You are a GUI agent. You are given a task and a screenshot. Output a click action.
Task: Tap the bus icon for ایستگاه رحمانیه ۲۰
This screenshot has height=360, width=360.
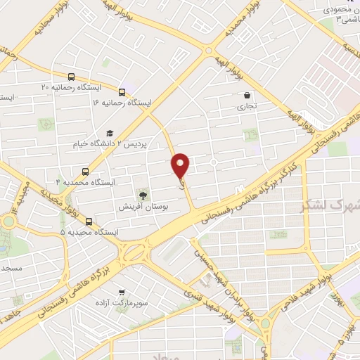(x=70, y=77)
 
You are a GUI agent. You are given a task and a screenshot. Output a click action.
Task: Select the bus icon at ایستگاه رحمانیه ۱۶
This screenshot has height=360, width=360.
(x=122, y=92)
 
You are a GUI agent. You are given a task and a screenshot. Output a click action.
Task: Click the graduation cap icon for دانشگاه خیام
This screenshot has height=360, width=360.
(x=109, y=134)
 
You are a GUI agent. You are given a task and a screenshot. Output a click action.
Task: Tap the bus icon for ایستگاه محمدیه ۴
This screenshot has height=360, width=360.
(x=86, y=172)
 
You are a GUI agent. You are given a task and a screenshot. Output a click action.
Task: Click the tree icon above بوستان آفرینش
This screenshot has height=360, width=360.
(x=143, y=194)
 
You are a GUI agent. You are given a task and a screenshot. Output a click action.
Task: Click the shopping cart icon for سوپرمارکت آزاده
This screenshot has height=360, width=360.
(x=122, y=292)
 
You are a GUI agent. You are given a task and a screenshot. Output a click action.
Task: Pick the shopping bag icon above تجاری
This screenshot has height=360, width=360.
(x=246, y=96)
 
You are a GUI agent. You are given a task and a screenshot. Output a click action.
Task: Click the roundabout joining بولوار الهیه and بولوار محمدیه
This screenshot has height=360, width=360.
(x=209, y=51)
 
